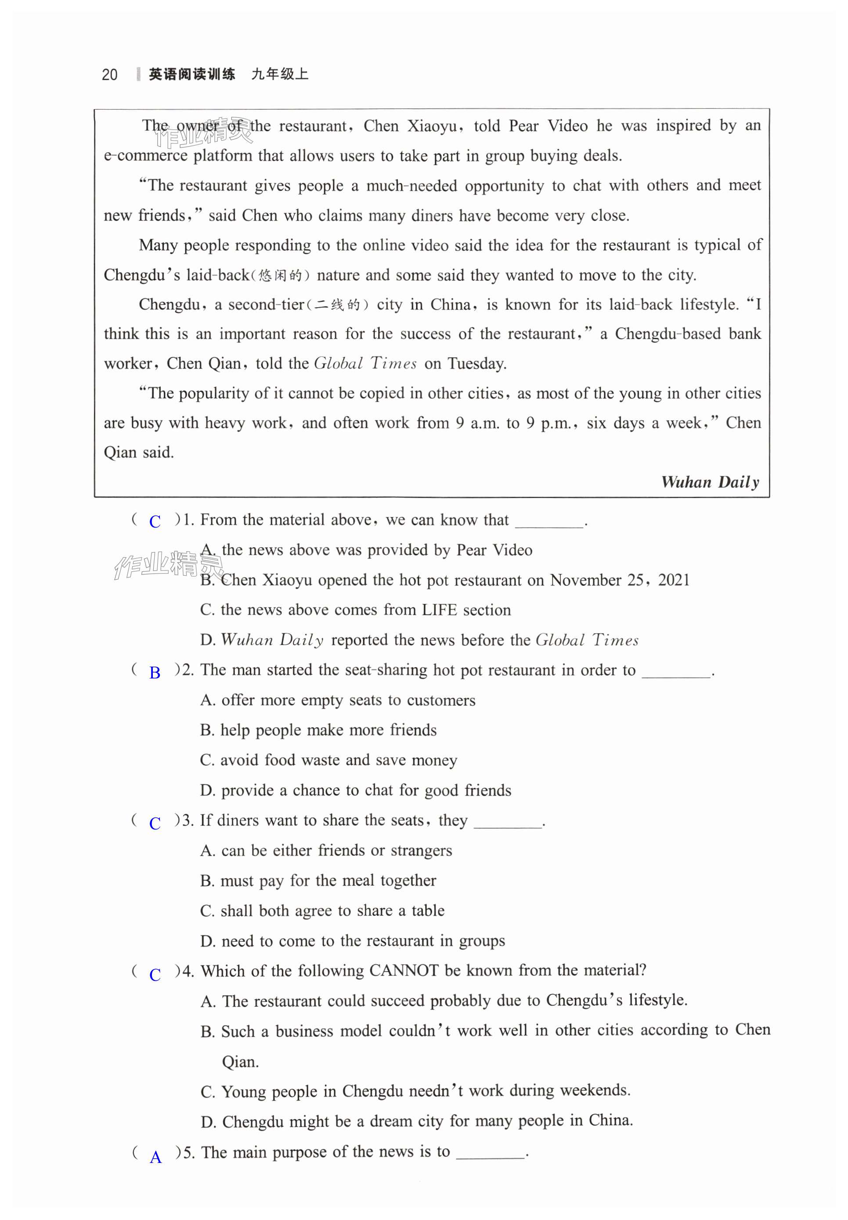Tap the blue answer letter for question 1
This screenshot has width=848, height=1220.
[155, 522]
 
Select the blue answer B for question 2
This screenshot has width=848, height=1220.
[155, 673]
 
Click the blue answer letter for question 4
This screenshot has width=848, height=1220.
[155, 975]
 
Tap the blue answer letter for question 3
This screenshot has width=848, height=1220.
[155, 823]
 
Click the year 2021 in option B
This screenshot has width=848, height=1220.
[674, 580]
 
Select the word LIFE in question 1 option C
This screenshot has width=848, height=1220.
[440, 610]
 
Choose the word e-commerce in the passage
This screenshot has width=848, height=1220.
[146, 155]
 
